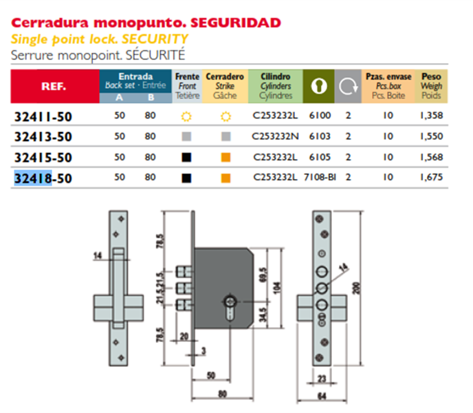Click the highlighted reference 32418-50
pyautogui.click(x=43, y=179)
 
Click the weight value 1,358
pyautogui.click(x=430, y=116)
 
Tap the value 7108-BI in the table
pyautogui.click(x=319, y=178)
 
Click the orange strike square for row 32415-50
pyautogui.click(x=225, y=158)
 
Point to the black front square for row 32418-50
pyautogui.click(x=186, y=178)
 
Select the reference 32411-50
pyautogui.click(x=43, y=117)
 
